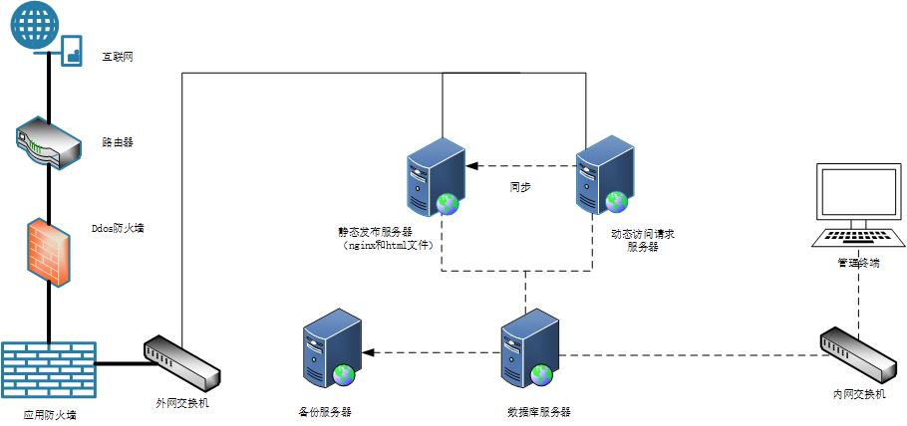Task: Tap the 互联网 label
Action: click(x=118, y=57)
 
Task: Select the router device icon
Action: click(x=48, y=143)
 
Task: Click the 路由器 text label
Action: click(x=118, y=142)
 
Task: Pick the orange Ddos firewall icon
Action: click(x=48, y=249)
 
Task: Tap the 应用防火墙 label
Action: click(x=50, y=413)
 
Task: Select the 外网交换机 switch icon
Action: click(x=182, y=363)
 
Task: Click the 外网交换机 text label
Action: click(x=182, y=403)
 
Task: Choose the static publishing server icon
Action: click(x=437, y=176)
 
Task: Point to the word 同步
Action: click(x=519, y=186)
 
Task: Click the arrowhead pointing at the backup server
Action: click(x=368, y=351)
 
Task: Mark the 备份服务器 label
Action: click(x=325, y=411)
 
